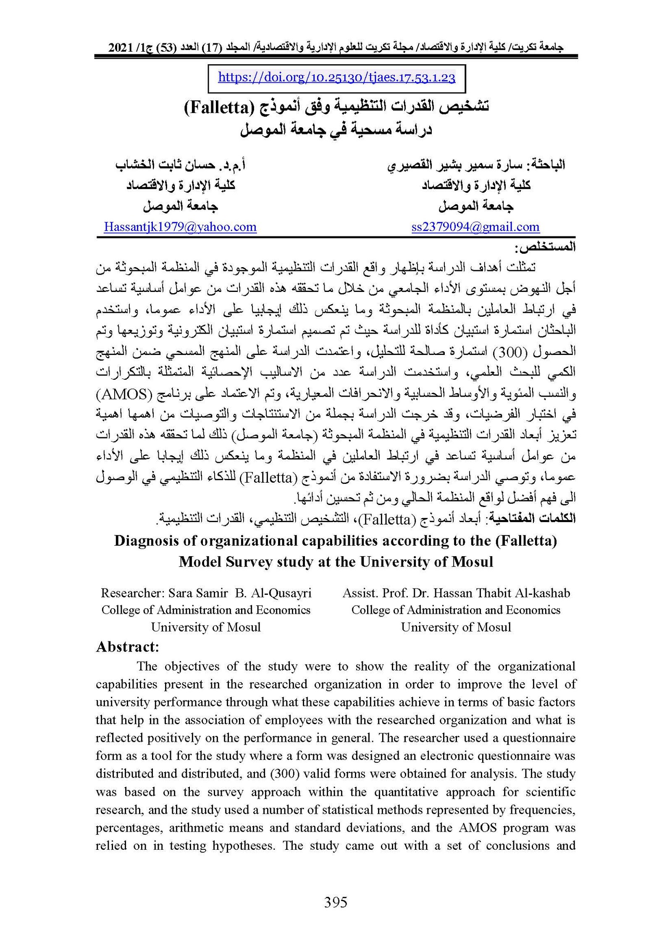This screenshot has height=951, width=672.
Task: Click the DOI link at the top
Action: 336,78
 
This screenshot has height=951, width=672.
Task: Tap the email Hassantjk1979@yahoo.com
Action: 180,227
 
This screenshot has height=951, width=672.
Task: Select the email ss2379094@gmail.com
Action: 475,227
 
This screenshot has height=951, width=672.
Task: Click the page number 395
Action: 336,902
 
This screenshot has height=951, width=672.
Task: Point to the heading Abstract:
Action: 128,646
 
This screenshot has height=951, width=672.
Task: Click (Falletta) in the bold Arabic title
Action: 218,108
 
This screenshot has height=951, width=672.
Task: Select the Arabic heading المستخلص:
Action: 548,247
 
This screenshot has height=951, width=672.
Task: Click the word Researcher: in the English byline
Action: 133,593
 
